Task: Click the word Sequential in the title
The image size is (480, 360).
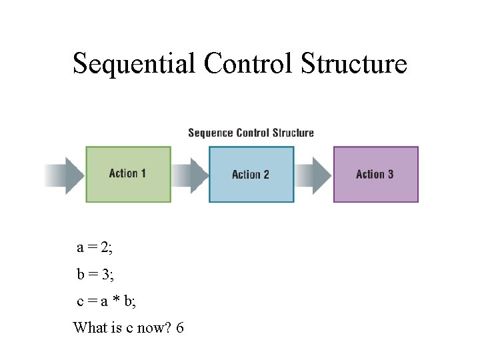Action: click(x=134, y=64)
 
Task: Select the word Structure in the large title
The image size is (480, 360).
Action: click(x=354, y=64)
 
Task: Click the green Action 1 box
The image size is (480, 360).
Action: click(x=128, y=174)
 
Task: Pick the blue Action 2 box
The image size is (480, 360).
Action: click(x=251, y=175)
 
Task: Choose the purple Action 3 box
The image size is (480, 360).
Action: click(x=375, y=174)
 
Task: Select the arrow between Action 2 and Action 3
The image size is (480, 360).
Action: click(x=314, y=175)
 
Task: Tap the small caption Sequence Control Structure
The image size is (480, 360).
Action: click(x=251, y=133)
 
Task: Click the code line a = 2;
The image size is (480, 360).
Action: click(x=95, y=248)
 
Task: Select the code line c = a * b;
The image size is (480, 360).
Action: click(x=107, y=301)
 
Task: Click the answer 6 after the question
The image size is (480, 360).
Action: click(x=180, y=328)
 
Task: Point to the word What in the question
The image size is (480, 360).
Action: click(x=89, y=328)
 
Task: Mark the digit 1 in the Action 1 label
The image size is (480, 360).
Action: click(x=143, y=174)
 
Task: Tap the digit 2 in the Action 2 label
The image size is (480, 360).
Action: click(x=266, y=175)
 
